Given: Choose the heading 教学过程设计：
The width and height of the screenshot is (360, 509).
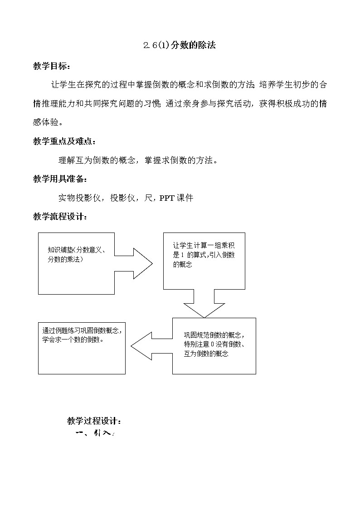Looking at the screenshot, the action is (94, 421).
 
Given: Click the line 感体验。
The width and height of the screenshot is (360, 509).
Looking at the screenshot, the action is (49, 122).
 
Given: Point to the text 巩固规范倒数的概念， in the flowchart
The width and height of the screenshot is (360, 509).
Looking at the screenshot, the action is (214, 335).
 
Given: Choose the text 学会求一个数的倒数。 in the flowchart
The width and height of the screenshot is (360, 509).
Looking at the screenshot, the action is (73, 339).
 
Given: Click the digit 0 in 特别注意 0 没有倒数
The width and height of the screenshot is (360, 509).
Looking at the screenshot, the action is (212, 344).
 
